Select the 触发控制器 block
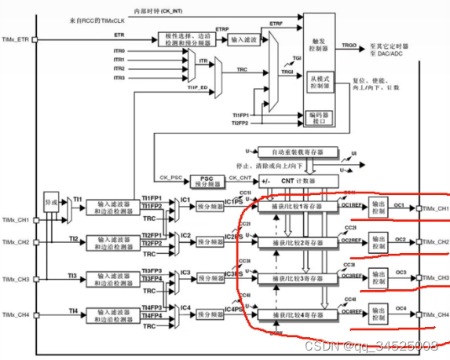point(324,46)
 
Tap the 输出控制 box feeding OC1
point(379,208)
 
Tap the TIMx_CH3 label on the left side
point(16,279)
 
